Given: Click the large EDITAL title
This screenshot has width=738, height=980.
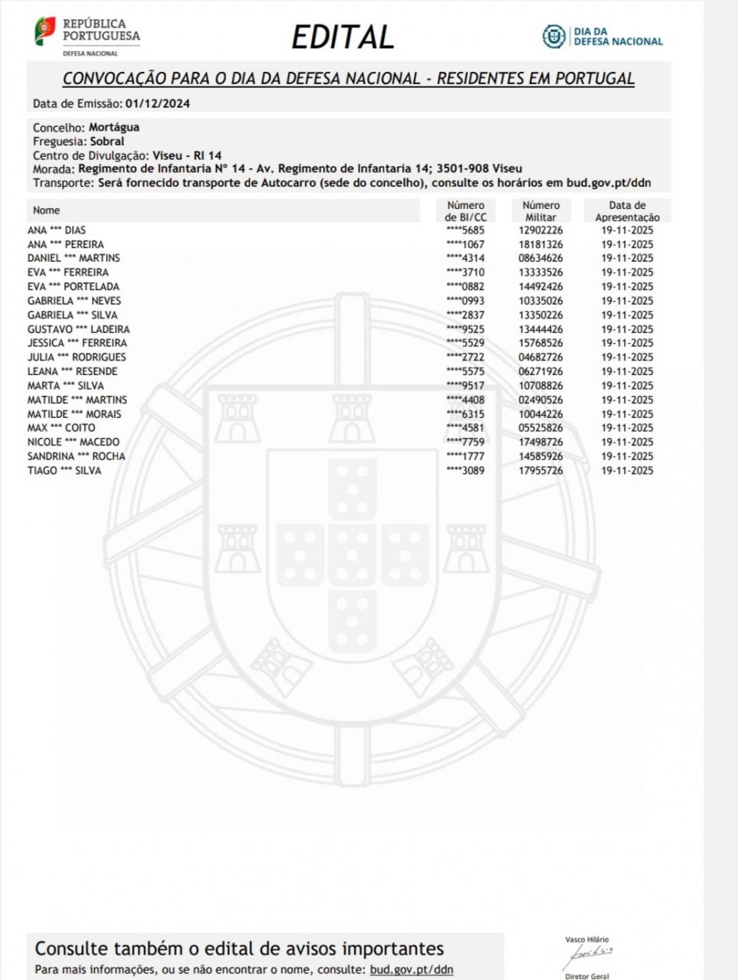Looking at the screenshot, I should coord(343,37).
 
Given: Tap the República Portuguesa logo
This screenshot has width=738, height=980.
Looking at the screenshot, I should coord(87,37).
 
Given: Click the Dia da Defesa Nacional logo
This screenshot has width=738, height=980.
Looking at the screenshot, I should coord(602,36).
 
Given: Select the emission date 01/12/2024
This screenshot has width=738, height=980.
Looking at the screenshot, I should coord(157,103).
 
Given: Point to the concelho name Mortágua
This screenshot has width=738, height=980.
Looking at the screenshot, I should coord(114,127).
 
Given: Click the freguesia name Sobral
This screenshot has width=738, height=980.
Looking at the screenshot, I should coord(107,142).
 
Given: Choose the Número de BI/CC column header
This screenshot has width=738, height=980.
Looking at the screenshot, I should coord(466,211).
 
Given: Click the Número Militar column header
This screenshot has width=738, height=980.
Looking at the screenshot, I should coord(541,211).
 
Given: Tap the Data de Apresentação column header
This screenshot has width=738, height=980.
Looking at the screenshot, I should coord(627,211).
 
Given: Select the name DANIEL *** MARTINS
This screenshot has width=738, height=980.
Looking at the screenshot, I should coord(74,258).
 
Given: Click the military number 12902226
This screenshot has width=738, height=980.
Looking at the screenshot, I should coord(540,230).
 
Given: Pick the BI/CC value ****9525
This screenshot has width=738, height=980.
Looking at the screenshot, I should coord(465,329).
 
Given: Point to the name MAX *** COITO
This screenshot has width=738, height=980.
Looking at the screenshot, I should coord(61,428).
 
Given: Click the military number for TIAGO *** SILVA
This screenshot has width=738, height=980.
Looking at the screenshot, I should coord(540,471).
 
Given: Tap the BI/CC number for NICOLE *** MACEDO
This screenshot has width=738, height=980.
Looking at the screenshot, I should coord(465,442).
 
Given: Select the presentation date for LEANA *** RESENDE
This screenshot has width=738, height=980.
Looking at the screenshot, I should coord(627,371).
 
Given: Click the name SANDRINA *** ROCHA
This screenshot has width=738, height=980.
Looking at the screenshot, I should coord(76,456).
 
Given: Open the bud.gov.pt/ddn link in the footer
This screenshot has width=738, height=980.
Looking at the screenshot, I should coord(412,969).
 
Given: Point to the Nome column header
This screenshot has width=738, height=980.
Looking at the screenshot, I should coord(46,210).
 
